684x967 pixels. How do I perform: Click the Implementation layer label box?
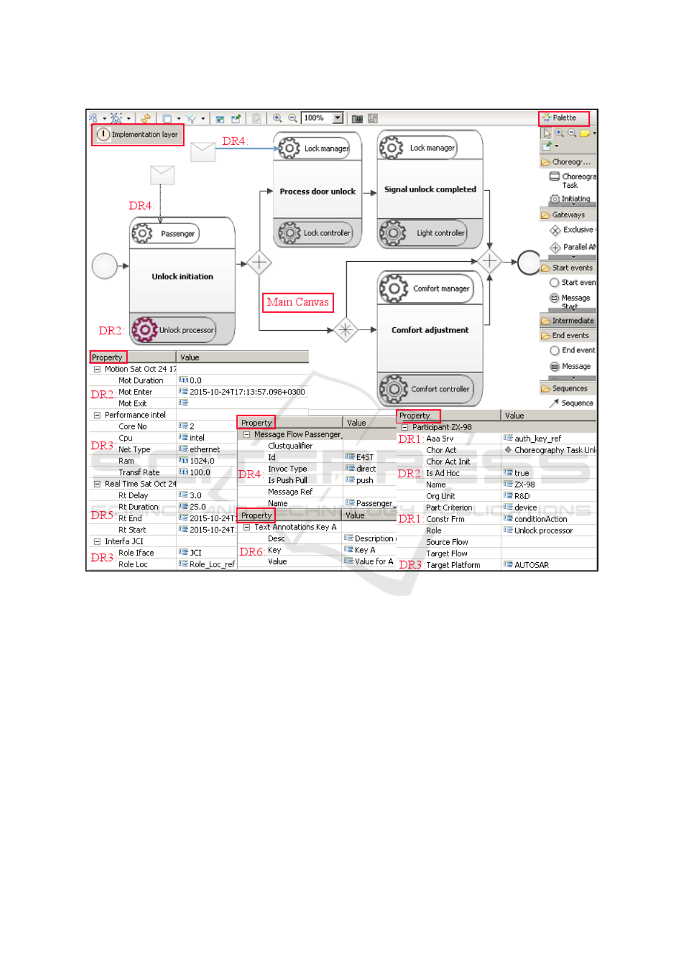(138, 135)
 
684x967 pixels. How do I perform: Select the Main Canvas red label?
(297, 302)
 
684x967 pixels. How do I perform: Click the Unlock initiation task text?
(182, 277)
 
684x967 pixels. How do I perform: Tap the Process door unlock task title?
(317, 192)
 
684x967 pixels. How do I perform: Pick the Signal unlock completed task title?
(430, 189)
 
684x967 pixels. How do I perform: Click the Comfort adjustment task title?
(430, 330)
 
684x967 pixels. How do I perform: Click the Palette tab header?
(563, 118)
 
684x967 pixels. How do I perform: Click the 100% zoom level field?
(316, 118)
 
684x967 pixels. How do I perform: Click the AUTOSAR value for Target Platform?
(531, 565)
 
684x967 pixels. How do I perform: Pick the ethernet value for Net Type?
(204, 450)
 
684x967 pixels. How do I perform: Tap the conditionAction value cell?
(540, 519)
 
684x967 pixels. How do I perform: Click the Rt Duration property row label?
(138, 507)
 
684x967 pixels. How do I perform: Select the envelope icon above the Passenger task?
(163, 175)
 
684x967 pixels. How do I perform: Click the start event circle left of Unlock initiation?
(105, 266)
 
